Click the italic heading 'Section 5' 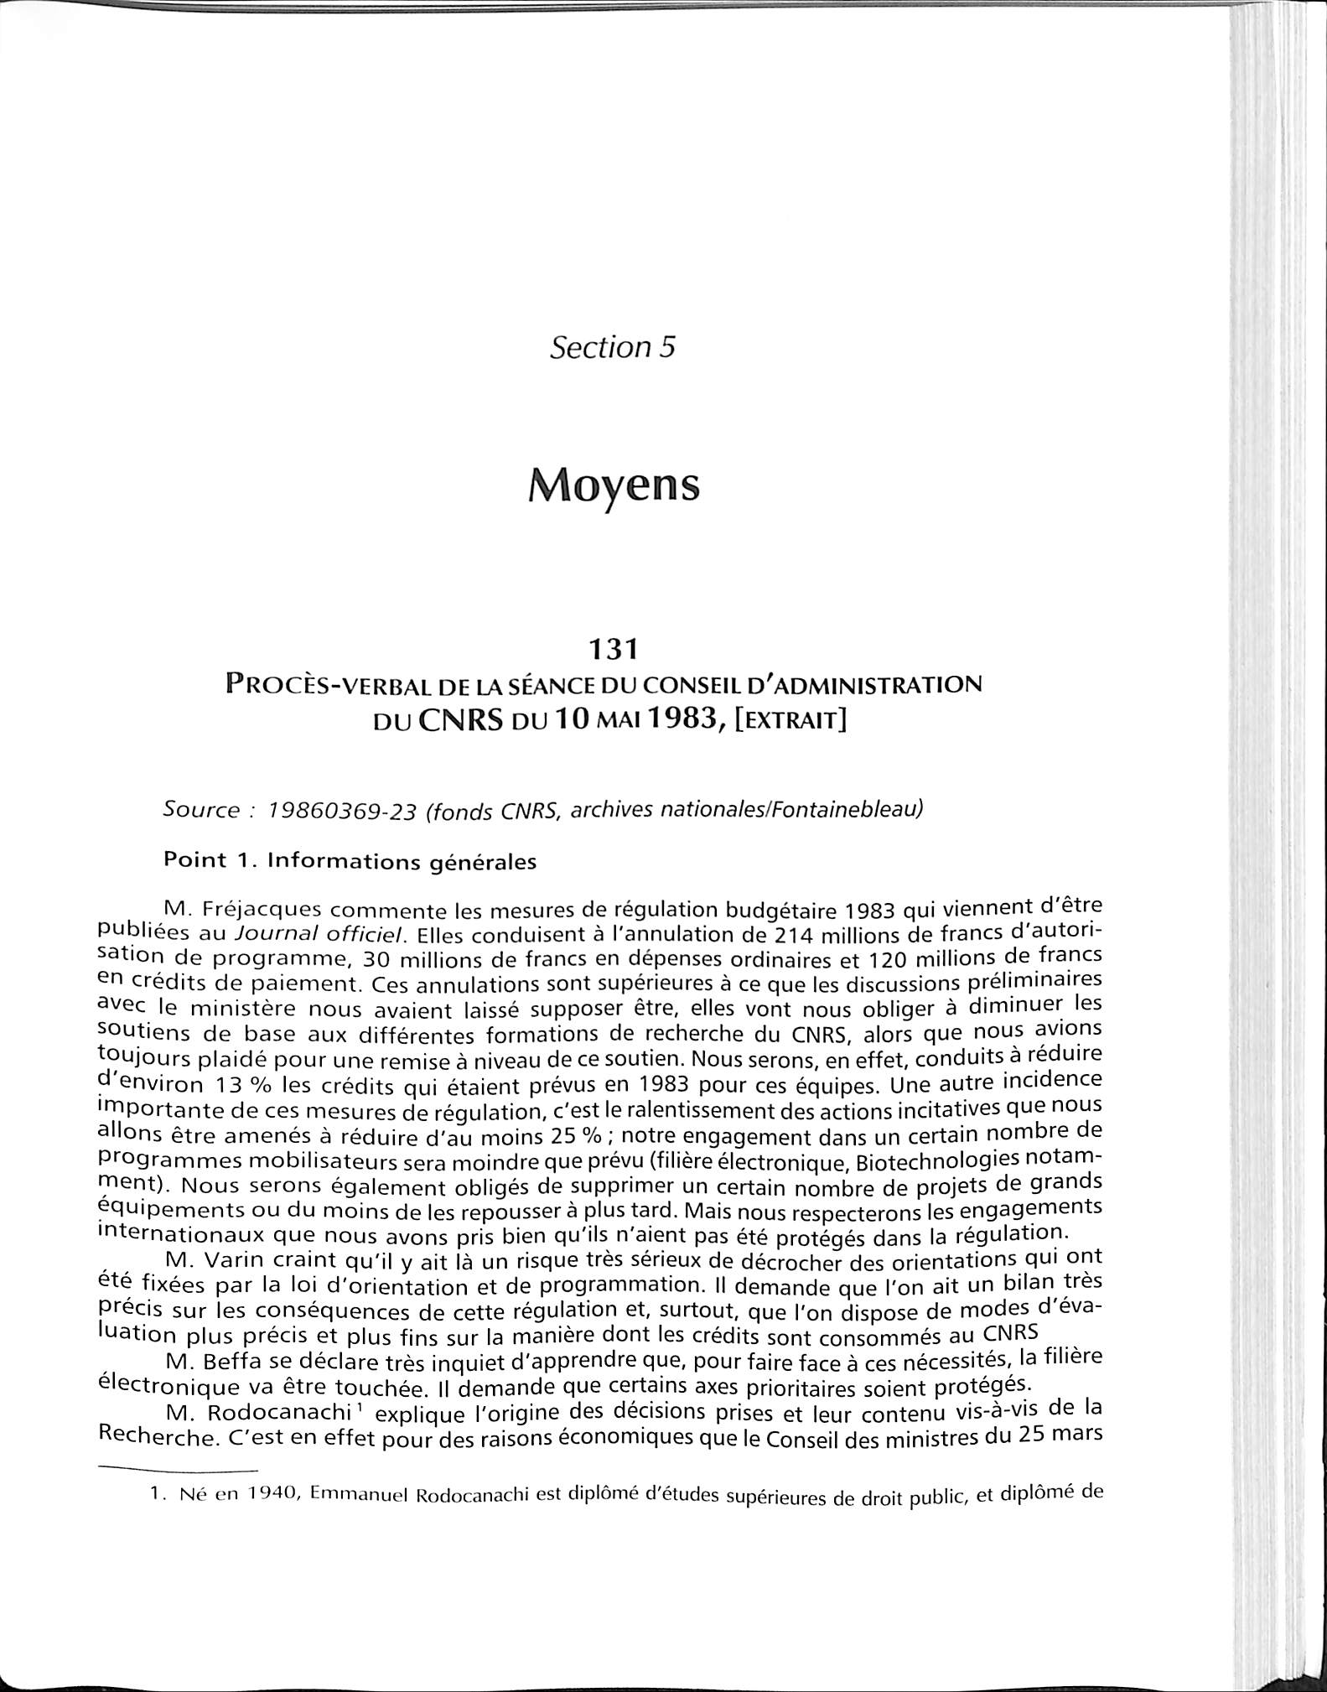coord(612,347)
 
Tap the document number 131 coord(613,649)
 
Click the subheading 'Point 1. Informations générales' coord(350,861)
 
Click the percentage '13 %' coord(243,1085)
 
